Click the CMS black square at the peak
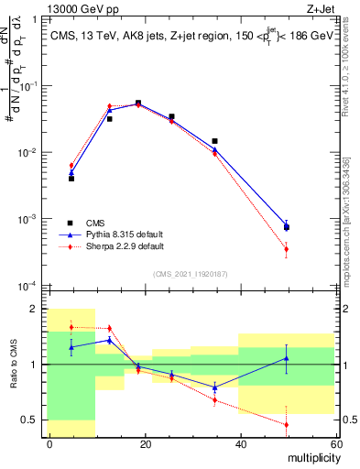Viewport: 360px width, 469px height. [x=138, y=104]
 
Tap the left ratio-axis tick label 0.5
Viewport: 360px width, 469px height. [x=33, y=420]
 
